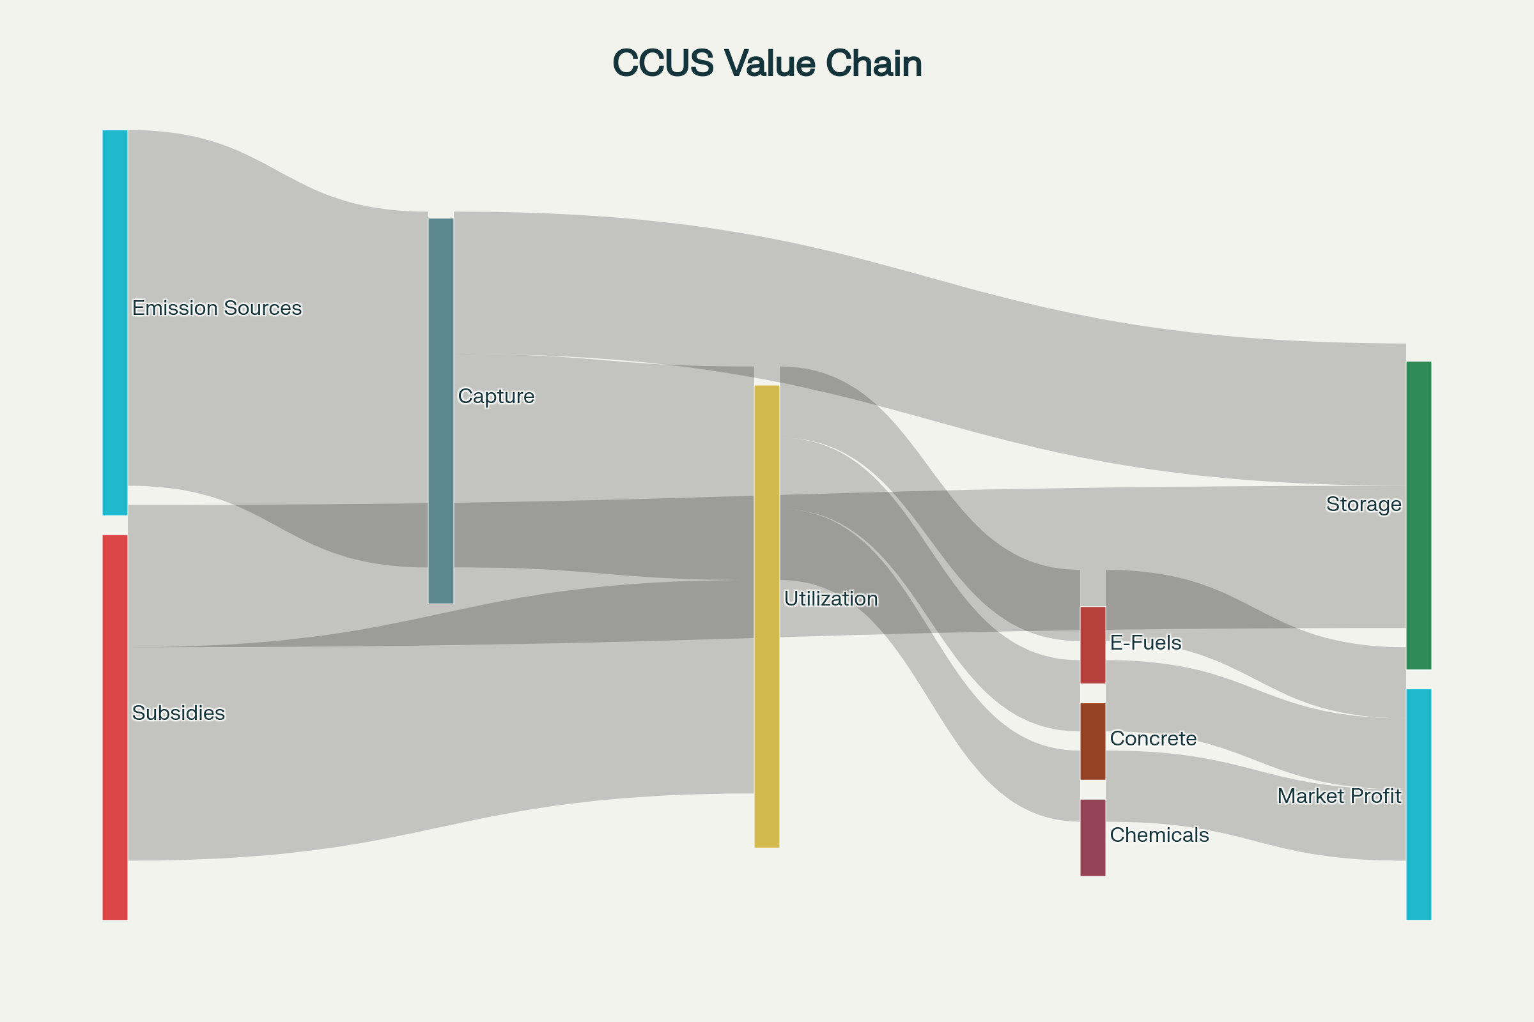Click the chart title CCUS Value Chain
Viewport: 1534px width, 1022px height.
click(767, 63)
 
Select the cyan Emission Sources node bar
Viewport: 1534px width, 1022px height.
click(115, 323)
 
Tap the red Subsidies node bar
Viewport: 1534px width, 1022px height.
click(115, 728)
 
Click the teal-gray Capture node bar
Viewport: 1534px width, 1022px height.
click(441, 411)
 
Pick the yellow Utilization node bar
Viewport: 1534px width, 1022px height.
click(767, 616)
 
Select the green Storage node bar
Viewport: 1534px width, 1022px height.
click(1418, 515)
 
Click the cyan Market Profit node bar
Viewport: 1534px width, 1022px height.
click(1418, 804)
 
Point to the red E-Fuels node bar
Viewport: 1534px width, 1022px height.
click(1093, 645)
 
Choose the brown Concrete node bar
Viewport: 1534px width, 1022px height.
click(1093, 741)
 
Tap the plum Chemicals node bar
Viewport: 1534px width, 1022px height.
click(1093, 837)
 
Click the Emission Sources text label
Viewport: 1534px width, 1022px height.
click(217, 308)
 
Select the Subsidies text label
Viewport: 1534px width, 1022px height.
click(178, 713)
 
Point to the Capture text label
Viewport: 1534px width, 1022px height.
click(496, 395)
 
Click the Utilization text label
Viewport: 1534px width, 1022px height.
click(830, 599)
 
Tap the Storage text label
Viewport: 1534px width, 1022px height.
click(1364, 504)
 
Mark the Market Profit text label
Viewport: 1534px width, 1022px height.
click(1339, 796)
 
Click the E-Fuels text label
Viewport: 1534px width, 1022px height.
click(1145, 643)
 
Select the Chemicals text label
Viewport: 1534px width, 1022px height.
click(1159, 835)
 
